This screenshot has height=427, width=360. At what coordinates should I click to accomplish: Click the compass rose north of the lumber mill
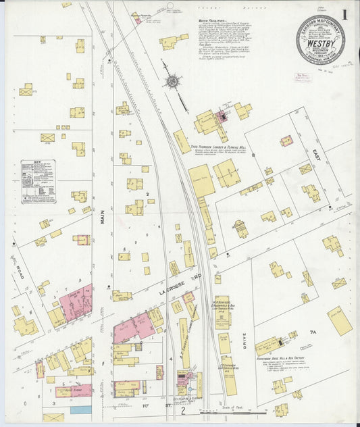(172, 82)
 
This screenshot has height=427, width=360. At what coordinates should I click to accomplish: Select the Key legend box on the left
(38, 182)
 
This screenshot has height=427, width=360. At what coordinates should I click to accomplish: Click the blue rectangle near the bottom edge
(80, 409)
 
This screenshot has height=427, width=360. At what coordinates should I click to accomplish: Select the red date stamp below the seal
(317, 79)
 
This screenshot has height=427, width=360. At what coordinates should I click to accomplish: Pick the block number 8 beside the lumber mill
(254, 155)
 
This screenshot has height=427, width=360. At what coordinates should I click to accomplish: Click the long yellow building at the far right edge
(340, 320)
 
